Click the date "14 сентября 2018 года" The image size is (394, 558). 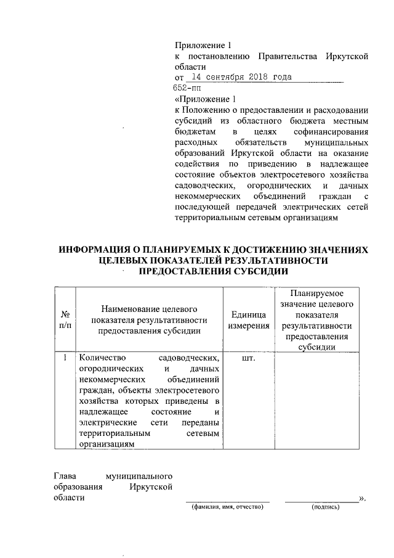241,78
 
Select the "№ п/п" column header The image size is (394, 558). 65,319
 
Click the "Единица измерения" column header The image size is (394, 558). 249,319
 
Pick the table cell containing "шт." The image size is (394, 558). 249,358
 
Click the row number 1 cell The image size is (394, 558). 65,358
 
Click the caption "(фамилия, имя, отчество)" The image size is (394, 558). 228,507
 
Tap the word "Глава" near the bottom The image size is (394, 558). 65,476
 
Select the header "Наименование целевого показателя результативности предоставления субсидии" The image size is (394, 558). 150,319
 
